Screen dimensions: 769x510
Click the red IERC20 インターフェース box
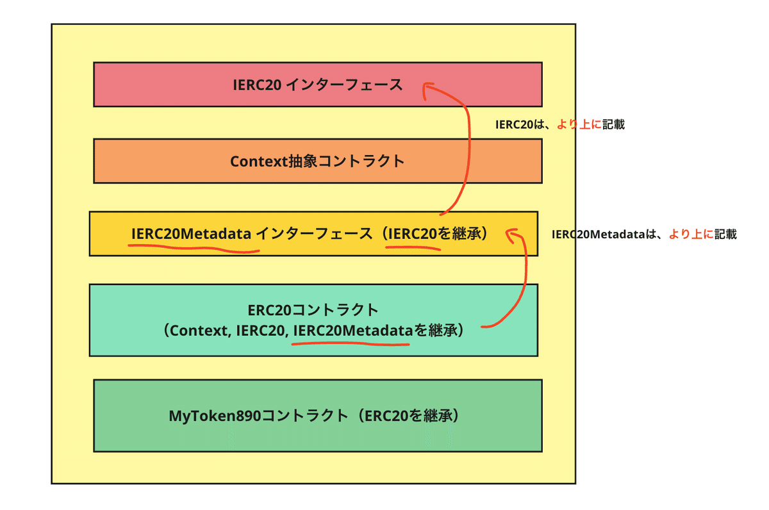(318, 85)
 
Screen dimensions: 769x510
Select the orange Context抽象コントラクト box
(318, 161)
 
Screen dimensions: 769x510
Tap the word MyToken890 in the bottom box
(215, 416)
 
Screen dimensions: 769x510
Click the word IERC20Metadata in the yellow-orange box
(191, 234)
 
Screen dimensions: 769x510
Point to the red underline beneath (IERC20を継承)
(413, 247)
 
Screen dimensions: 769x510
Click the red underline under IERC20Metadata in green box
(351, 343)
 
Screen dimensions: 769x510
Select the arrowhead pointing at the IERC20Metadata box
(512, 234)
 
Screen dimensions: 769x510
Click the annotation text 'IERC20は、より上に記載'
(560, 124)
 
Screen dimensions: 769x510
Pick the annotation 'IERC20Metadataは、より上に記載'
(644, 234)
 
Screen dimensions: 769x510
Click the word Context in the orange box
(258, 161)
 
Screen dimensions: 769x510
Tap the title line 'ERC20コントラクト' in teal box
(313, 310)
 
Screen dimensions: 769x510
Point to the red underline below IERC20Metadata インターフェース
(194, 248)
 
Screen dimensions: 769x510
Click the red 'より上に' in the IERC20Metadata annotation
(691, 234)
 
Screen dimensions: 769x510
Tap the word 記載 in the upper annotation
(613, 124)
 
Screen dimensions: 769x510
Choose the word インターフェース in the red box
(344, 85)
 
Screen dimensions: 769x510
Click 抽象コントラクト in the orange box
(346, 161)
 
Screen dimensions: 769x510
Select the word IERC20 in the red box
(257, 85)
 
